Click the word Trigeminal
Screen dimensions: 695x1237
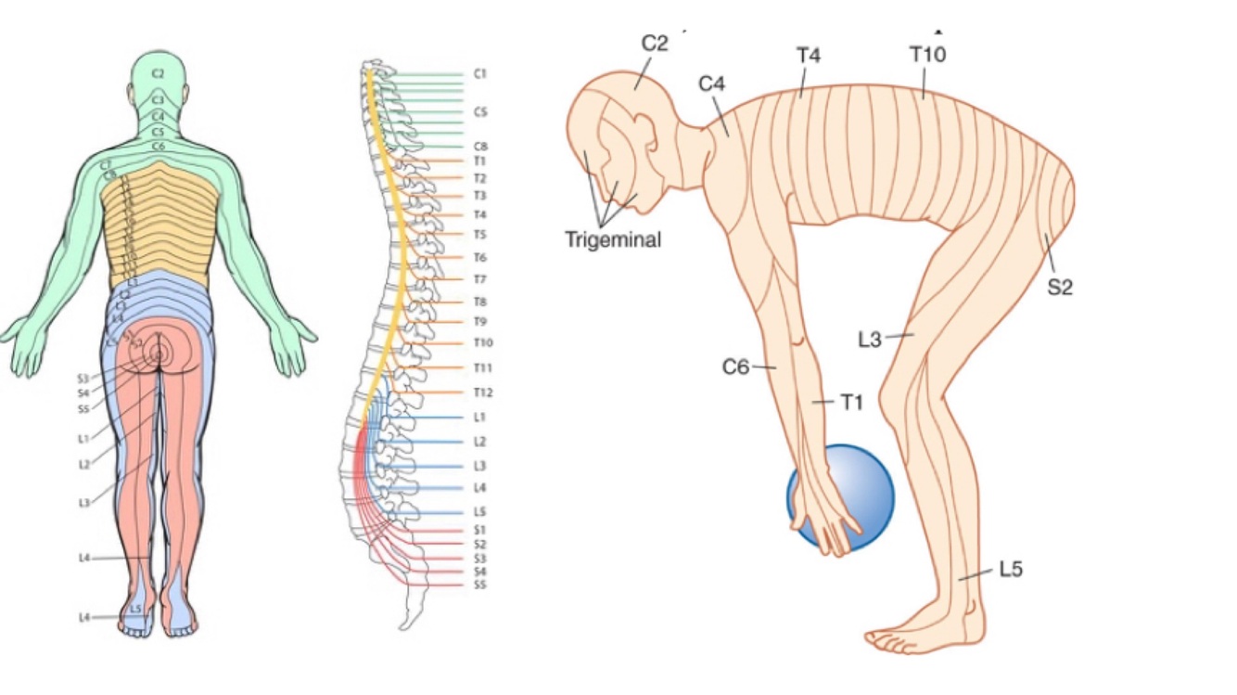pos(613,239)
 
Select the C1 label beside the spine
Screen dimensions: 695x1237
pos(480,73)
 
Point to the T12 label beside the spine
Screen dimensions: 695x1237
pos(482,393)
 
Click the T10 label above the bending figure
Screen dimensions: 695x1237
pos(927,55)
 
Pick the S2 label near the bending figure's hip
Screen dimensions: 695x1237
pos(1060,288)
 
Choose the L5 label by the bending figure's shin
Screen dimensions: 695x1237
pos(1011,569)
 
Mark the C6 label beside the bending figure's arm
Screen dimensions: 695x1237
pos(735,367)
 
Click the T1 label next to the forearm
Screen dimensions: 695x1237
pos(851,402)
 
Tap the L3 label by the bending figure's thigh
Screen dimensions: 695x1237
pos(869,340)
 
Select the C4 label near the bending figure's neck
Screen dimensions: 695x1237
pos(711,84)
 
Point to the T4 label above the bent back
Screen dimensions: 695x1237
pos(808,55)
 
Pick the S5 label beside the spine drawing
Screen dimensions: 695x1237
pos(479,585)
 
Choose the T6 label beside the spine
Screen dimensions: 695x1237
pos(480,258)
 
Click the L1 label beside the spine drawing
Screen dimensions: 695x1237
pos(479,418)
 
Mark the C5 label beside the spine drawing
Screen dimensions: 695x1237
pos(480,112)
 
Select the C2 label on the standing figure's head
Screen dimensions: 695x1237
pos(158,73)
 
